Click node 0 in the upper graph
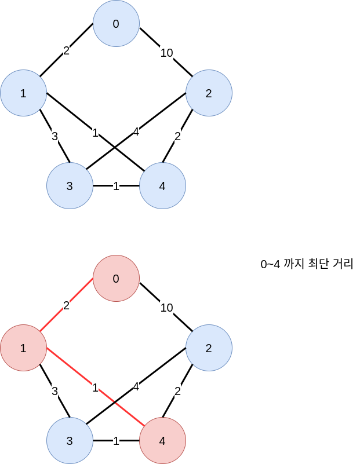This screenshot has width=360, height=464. coord(116,24)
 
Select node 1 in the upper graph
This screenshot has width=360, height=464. coord(23,93)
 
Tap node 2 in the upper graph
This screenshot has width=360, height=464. coord(209,93)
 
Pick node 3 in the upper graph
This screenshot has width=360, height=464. coord(70,186)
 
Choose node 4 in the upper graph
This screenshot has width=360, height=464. coord(162,186)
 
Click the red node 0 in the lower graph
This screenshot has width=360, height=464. coord(116,279)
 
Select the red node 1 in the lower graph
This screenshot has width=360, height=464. coord(23,348)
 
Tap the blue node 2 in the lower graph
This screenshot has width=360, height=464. coord(209,348)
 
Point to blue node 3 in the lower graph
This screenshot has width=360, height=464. coord(70,441)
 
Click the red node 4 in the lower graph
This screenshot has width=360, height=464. coord(162,441)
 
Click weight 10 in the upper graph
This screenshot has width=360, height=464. coord(166,53)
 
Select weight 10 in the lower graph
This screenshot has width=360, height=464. coord(166,308)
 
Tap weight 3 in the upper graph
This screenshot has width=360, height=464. coord(54,137)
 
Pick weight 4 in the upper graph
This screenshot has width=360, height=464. coord(136,132)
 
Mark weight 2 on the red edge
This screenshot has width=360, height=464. coord(66,305)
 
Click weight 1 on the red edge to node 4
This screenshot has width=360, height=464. coord(95,388)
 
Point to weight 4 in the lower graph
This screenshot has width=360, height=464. coord(136,387)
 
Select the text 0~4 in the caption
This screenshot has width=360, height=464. coord(270,265)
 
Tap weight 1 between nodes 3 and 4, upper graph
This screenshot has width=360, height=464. coord(116,187)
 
